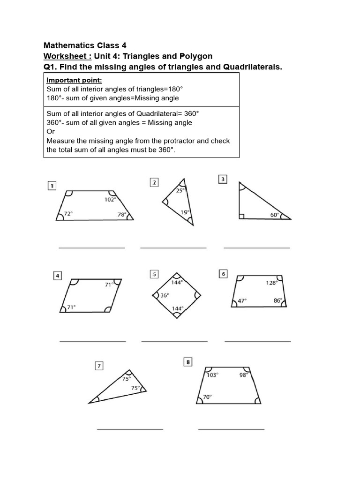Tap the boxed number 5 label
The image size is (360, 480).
pos(154,274)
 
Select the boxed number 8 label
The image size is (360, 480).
pos(188,361)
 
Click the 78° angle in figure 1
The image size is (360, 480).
pos(122,214)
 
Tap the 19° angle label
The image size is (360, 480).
pos(186,212)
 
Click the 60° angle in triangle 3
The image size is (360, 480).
pos(274,215)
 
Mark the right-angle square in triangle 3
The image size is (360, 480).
pos(242,217)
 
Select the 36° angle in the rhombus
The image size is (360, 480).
pos(164,295)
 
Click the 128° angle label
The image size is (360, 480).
pos(272,283)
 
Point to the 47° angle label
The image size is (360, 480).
pos(242,301)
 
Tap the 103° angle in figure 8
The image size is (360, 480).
pos(212,375)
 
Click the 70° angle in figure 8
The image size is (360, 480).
pos(207,397)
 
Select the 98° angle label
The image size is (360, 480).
pos(243,375)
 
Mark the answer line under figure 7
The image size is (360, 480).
pos(130,428)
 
